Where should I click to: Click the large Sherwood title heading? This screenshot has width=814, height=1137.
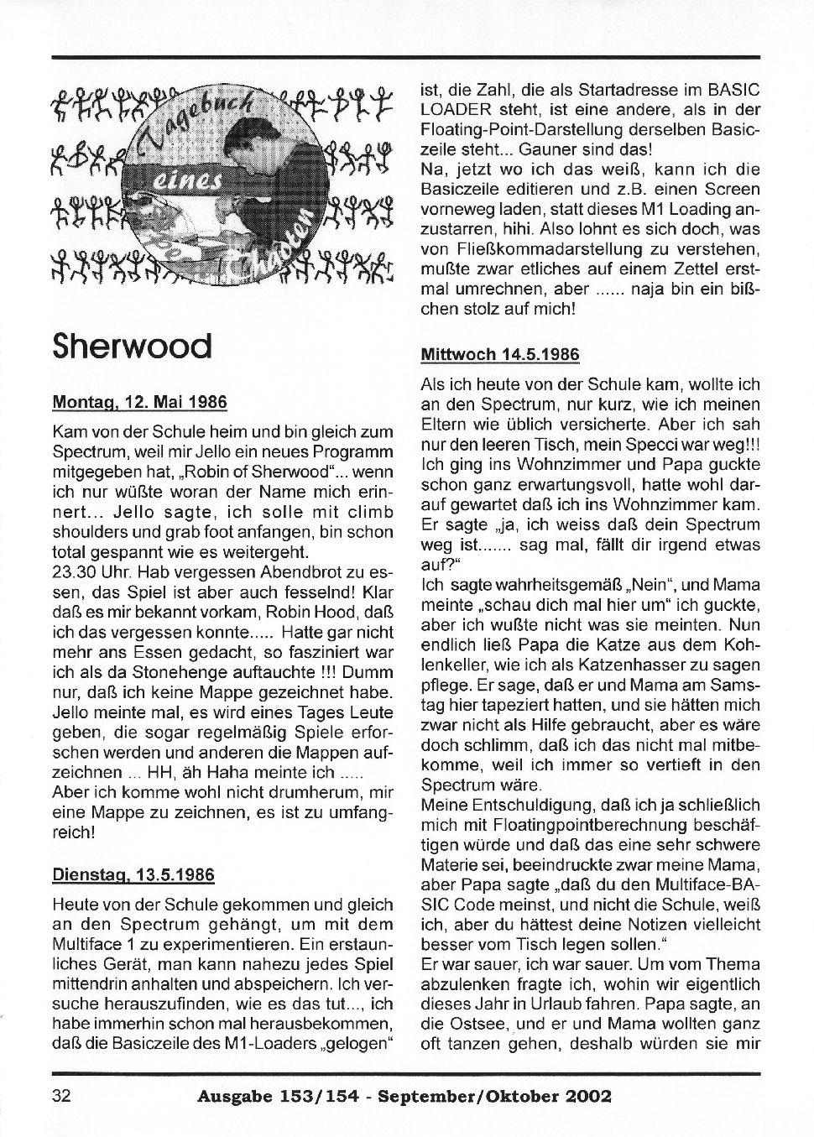(x=132, y=344)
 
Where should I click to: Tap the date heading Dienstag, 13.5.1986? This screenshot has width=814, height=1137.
(x=133, y=874)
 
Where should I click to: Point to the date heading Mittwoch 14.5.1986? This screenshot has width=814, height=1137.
(x=499, y=354)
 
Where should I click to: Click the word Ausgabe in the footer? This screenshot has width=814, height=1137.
(x=232, y=1096)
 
